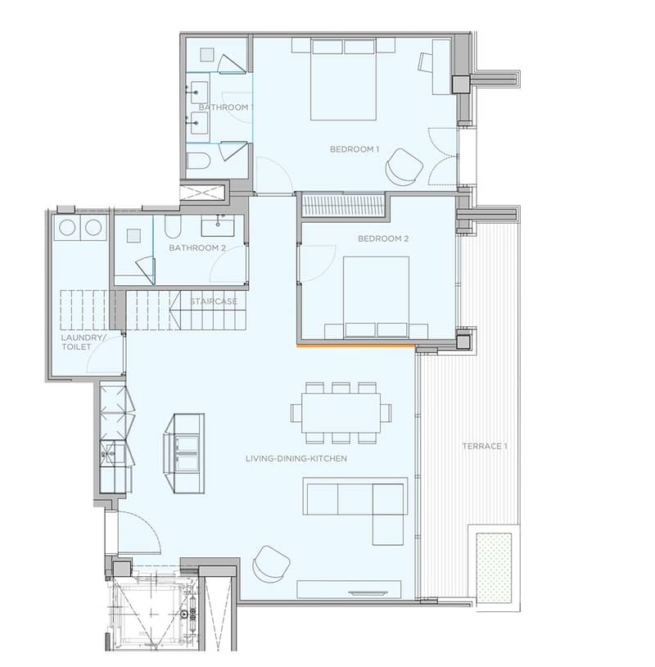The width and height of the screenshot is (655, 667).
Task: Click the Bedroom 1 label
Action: pos(354,149)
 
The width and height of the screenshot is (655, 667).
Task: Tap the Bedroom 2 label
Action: pos(383,238)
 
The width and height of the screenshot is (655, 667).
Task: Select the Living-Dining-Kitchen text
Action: pos(296,459)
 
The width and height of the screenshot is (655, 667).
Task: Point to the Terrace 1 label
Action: pos(485,447)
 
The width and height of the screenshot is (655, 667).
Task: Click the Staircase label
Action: pos(214,302)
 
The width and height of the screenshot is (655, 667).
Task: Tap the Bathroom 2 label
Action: pos(197,247)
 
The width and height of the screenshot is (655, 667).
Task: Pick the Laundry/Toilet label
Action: pos(83,343)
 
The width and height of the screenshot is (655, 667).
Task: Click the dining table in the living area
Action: pos(341,413)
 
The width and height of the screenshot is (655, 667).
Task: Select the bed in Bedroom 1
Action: pos(343,79)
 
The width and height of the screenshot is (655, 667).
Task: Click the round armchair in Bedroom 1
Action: pos(404,167)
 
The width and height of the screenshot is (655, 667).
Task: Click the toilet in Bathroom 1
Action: pos(199,161)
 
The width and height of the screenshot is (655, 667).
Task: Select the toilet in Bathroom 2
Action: pos(173,227)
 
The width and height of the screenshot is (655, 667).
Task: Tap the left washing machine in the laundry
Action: pos(67,228)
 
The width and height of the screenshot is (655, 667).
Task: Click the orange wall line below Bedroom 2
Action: pos(356,347)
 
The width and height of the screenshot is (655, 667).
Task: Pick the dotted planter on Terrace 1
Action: pos(494,566)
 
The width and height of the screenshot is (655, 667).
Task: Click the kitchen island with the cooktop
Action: pos(184,453)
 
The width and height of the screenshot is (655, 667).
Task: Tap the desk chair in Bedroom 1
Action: pos(425,62)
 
